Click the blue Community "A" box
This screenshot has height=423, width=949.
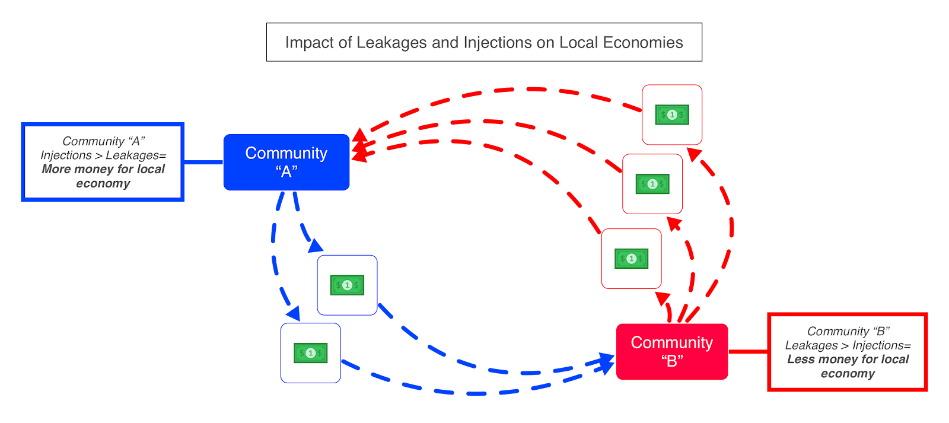point(286,162)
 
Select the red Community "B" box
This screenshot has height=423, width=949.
point(671,351)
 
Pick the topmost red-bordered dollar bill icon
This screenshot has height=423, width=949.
point(672,115)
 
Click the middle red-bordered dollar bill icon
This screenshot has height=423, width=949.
point(652,184)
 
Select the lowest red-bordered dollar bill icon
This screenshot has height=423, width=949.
point(631,259)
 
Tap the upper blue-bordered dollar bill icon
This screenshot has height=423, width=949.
point(347,285)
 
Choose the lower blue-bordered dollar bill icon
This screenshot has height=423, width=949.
point(310,353)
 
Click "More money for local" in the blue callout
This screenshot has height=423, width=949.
point(103,169)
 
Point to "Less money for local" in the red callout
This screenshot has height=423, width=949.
point(848,360)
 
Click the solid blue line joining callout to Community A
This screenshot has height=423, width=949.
point(203,162)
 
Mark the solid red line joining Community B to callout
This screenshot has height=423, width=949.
point(748,352)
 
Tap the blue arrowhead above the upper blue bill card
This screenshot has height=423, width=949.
point(316,246)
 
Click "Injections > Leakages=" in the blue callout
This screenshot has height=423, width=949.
point(103,155)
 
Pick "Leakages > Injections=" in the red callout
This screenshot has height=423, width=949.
point(848,345)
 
